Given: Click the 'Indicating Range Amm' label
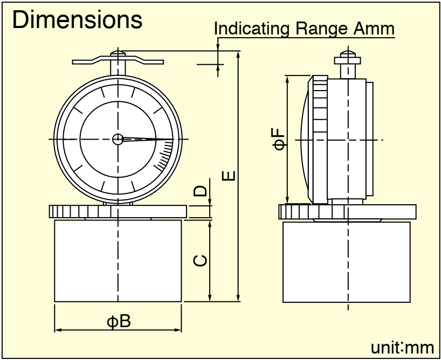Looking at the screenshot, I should coord(305,29).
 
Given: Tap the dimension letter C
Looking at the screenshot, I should coord(199,260).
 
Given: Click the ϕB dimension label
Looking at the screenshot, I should coord(118,321).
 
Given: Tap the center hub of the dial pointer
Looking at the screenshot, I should coord(118,139).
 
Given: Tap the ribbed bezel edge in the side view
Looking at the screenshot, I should coord(320,140).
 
